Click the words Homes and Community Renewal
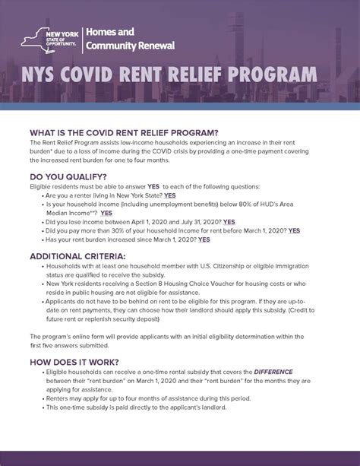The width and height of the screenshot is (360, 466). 129,38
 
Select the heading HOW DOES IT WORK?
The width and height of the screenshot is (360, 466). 74,361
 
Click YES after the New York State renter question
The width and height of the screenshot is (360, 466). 169,195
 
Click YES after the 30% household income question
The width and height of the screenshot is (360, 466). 294,230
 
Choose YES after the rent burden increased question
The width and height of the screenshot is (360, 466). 204,239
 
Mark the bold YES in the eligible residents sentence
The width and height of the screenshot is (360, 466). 153,186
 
